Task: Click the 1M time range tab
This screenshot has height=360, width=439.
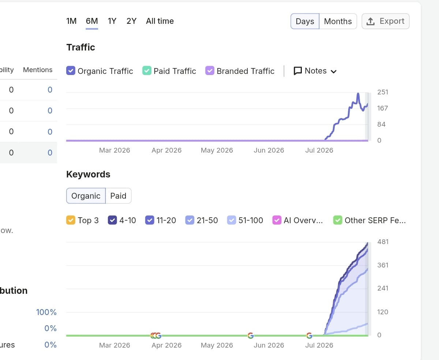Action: (71, 21)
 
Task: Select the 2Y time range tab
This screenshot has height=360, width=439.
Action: (132, 21)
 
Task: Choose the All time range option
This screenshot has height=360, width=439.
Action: (160, 21)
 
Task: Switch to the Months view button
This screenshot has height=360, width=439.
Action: (338, 21)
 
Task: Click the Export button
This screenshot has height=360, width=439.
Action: (386, 21)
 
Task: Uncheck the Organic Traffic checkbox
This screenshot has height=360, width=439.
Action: (71, 71)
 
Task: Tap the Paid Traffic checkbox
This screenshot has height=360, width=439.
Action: (147, 71)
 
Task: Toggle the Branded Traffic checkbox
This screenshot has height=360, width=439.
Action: (210, 71)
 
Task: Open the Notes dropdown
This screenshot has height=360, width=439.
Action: (315, 71)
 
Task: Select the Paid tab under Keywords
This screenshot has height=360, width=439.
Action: (118, 196)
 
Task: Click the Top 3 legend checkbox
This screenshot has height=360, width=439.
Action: (71, 220)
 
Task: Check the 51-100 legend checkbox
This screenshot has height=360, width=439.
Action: (232, 220)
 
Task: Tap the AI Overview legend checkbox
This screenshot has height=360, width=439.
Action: (277, 220)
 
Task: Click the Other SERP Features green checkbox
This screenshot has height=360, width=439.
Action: (338, 220)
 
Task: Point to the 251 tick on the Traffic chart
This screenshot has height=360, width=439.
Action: (383, 92)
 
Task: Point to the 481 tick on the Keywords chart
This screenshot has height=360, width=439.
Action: (383, 242)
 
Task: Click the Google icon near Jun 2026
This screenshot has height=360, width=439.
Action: (251, 335)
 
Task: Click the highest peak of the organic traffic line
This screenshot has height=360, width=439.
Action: (358, 94)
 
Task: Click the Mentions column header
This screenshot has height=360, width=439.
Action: (38, 70)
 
